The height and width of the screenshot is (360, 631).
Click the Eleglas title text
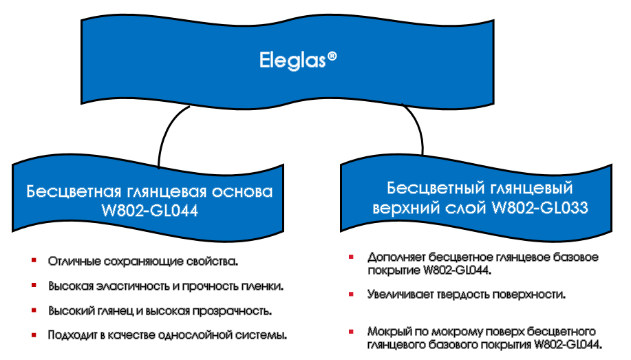coord(292,61)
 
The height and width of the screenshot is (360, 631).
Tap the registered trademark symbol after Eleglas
coord(332,56)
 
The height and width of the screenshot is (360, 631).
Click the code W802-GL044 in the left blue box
coord(150,211)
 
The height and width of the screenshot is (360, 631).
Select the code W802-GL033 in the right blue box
coord(540,208)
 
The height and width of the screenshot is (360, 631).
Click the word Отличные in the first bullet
coord(73,262)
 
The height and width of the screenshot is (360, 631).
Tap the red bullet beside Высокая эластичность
coord(34,286)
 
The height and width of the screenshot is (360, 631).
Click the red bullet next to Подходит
coord(34,335)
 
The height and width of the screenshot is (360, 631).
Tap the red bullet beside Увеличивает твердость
coord(351,295)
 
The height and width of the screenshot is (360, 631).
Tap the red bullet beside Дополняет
coord(351,257)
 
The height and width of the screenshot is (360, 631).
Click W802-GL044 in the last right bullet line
coord(568,345)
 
